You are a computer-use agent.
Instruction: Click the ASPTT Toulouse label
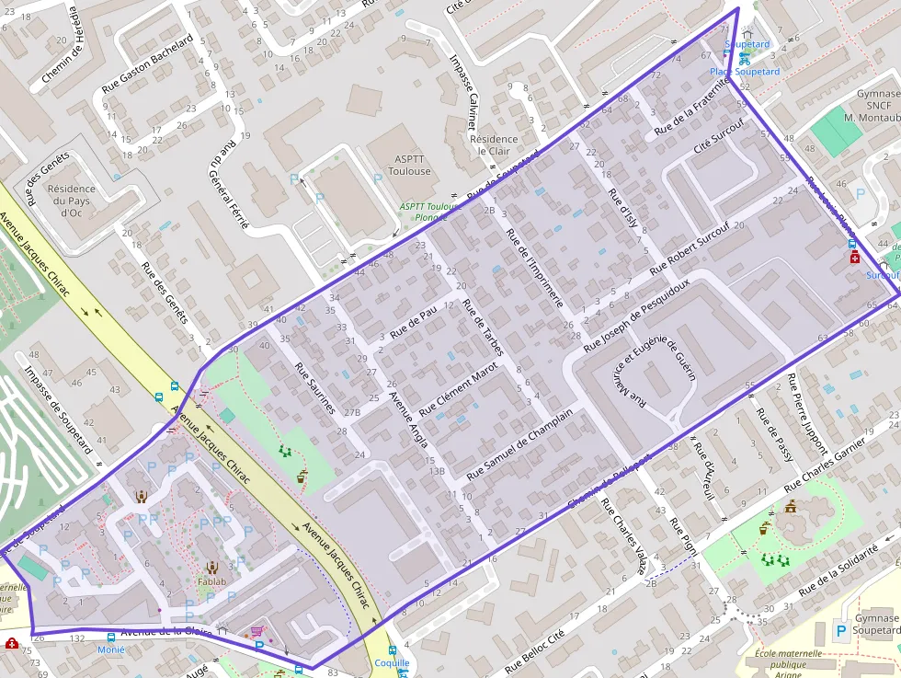pos(409,165)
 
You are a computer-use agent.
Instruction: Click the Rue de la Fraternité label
pos(691,108)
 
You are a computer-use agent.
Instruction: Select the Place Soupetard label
pos(745,72)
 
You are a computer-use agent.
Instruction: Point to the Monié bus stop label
pos(110,649)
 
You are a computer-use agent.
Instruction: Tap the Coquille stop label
pos(392,662)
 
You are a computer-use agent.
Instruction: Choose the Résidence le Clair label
pos(494,145)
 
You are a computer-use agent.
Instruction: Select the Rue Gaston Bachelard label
pos(148,65)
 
